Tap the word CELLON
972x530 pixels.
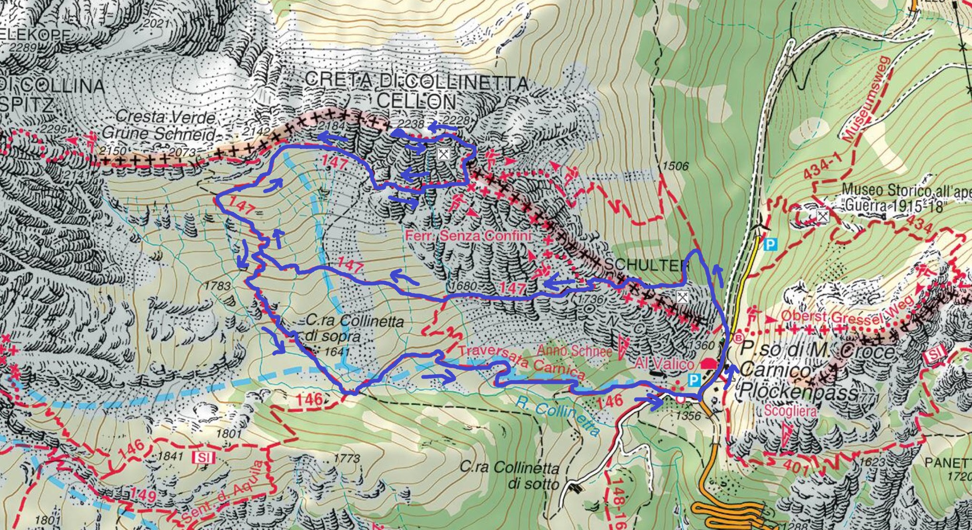416,101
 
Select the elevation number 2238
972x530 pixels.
410,123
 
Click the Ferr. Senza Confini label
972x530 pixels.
468,236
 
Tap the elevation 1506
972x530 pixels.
675,166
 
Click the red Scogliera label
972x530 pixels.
791,410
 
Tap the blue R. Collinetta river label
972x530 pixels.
557,417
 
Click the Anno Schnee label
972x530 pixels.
574,351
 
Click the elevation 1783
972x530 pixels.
217,286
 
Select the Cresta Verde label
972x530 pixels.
165,117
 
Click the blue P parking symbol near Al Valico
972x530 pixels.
694,380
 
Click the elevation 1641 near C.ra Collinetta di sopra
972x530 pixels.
336,351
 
